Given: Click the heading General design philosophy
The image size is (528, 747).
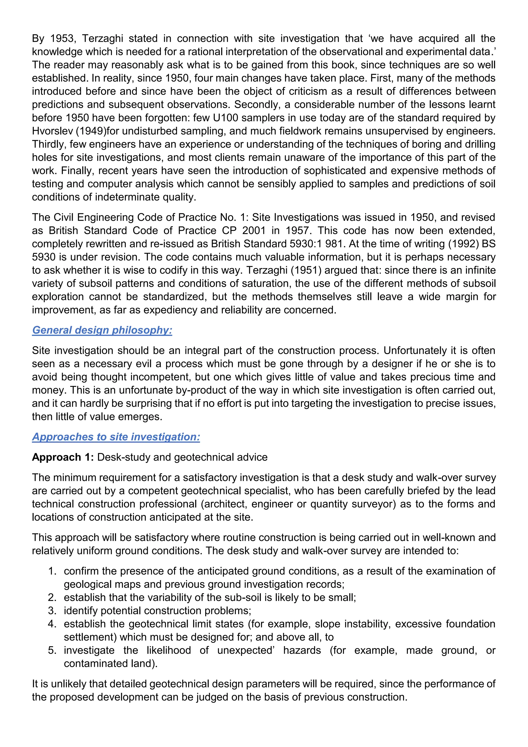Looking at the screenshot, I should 102,330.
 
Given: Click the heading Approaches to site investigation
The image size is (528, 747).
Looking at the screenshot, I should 116,437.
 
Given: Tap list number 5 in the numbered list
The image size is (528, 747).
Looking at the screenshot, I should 52,650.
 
